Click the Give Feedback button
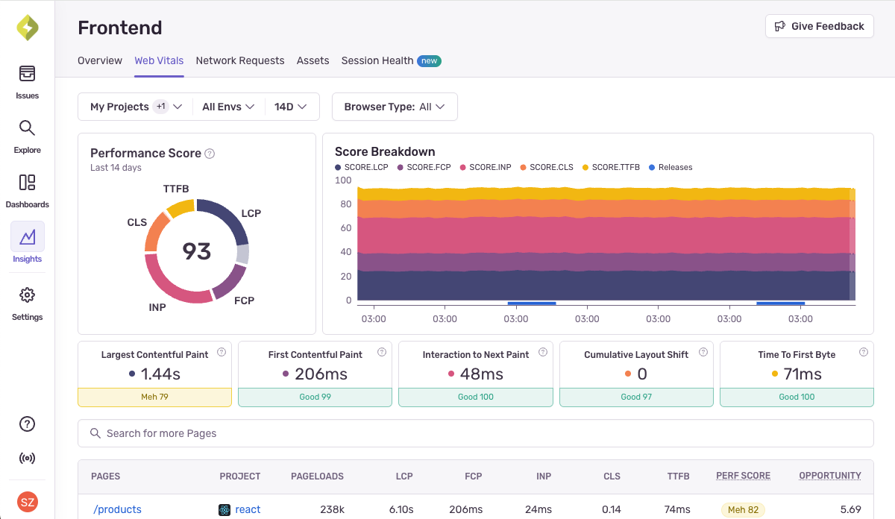click(819, 26)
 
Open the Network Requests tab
click(239, 60)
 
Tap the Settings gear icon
click(27, 295)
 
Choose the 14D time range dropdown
click(290, 107)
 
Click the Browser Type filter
click(394, 107)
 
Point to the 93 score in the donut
click(197, 251)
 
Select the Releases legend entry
click(671, 167)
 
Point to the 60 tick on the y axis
click(343, 228)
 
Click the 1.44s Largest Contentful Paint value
click(160, 374)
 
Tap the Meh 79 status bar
click(154, 397)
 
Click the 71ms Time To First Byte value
click(802, 374)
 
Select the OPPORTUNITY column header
click(829, 476)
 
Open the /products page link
click(117, 509)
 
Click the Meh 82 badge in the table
click(743, 509)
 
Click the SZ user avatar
click(27, 502)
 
